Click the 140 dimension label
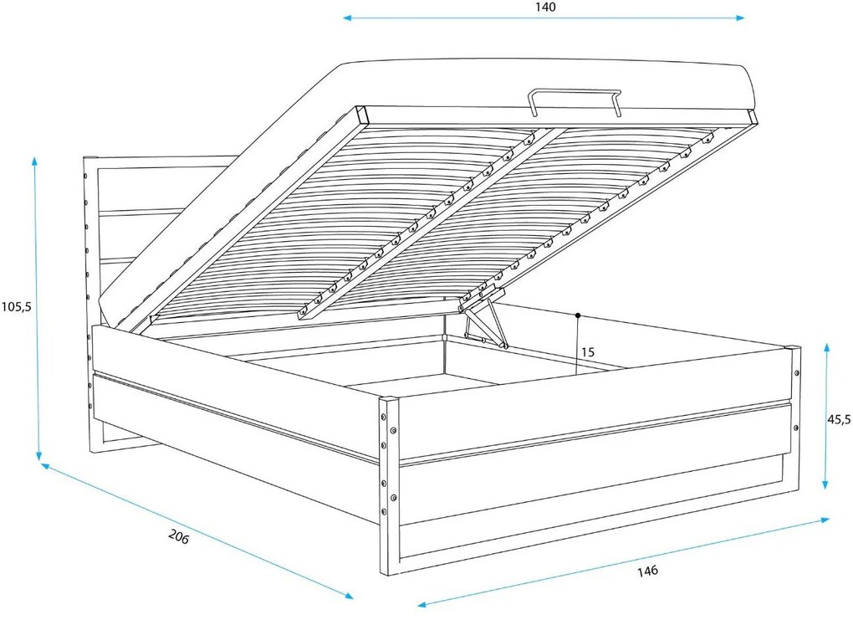(x=545, y=7)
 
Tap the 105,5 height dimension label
(x=17, y=307)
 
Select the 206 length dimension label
(x=178, y=536)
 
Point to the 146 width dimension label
(x=647, y=571)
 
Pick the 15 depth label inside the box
(x=588, y=352)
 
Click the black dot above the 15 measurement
(x=578, y=315)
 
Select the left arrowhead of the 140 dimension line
(x=347, y=18)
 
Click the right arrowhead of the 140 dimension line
(x=740, y=18)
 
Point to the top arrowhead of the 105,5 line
(x=35, y=161)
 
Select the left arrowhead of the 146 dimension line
(x=421, y=604)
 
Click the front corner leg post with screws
(x=389, y=486)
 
